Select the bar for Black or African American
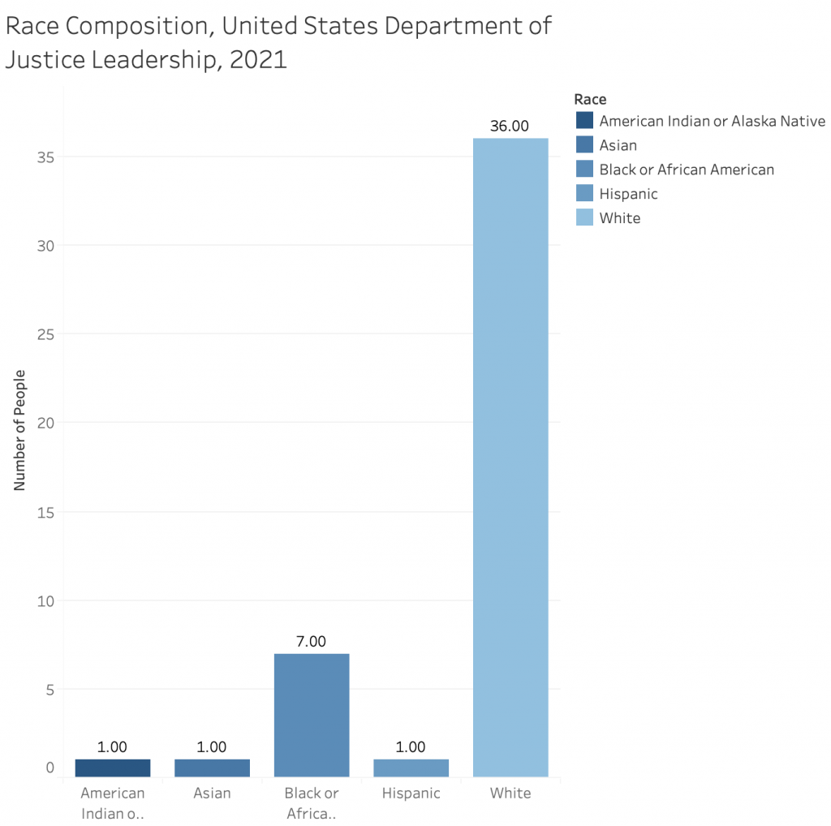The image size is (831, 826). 312,715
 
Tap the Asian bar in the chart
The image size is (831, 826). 212,768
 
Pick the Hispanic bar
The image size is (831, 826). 411,768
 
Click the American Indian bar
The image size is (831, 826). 112,768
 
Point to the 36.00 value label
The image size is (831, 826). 510,126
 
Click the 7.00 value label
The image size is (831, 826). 311,641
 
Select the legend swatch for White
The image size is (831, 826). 584,217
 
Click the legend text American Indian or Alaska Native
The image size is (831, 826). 712,121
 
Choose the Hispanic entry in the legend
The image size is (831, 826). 628,193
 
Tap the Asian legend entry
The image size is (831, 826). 618,145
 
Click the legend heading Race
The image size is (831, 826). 590,99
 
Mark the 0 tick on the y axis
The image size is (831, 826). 50,768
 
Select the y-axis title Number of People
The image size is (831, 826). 20,429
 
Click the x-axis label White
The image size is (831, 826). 510,793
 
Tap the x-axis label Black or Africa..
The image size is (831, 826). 312,802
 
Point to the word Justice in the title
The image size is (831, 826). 56,59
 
